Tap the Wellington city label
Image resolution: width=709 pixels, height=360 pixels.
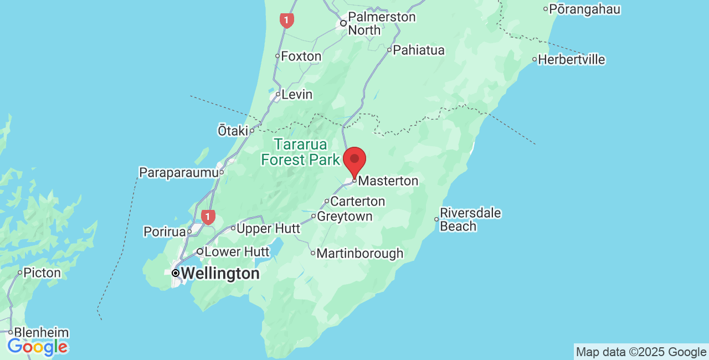(x=220, y=274)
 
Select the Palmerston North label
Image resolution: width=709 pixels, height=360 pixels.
(x=381, y=23)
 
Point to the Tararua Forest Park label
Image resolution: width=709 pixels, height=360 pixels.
(x=300, y=153)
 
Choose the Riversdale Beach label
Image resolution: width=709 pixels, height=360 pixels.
(x=470, y=220)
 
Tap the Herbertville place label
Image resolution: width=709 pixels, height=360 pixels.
(x=572, y=59)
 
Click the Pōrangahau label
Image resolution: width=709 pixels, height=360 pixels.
(x=585, y=9)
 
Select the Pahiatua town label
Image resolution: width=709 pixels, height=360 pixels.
(x=419, y=50)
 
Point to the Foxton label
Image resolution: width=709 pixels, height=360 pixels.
(x=301, y=56)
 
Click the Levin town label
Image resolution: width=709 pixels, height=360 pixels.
(x=297, y=95)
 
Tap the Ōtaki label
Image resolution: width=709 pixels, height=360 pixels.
(x=233, y=131)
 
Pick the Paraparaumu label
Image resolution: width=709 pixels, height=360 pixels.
(x=178, y=173)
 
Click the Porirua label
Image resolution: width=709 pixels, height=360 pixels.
(x=164, y=232)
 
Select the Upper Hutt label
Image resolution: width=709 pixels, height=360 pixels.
(x=261, y=228)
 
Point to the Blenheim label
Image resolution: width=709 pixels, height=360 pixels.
(x=42, y=333)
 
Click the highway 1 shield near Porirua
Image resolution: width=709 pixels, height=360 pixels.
(x=208, y=217)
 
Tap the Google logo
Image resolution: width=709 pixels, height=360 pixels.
(x=38, y=347)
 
